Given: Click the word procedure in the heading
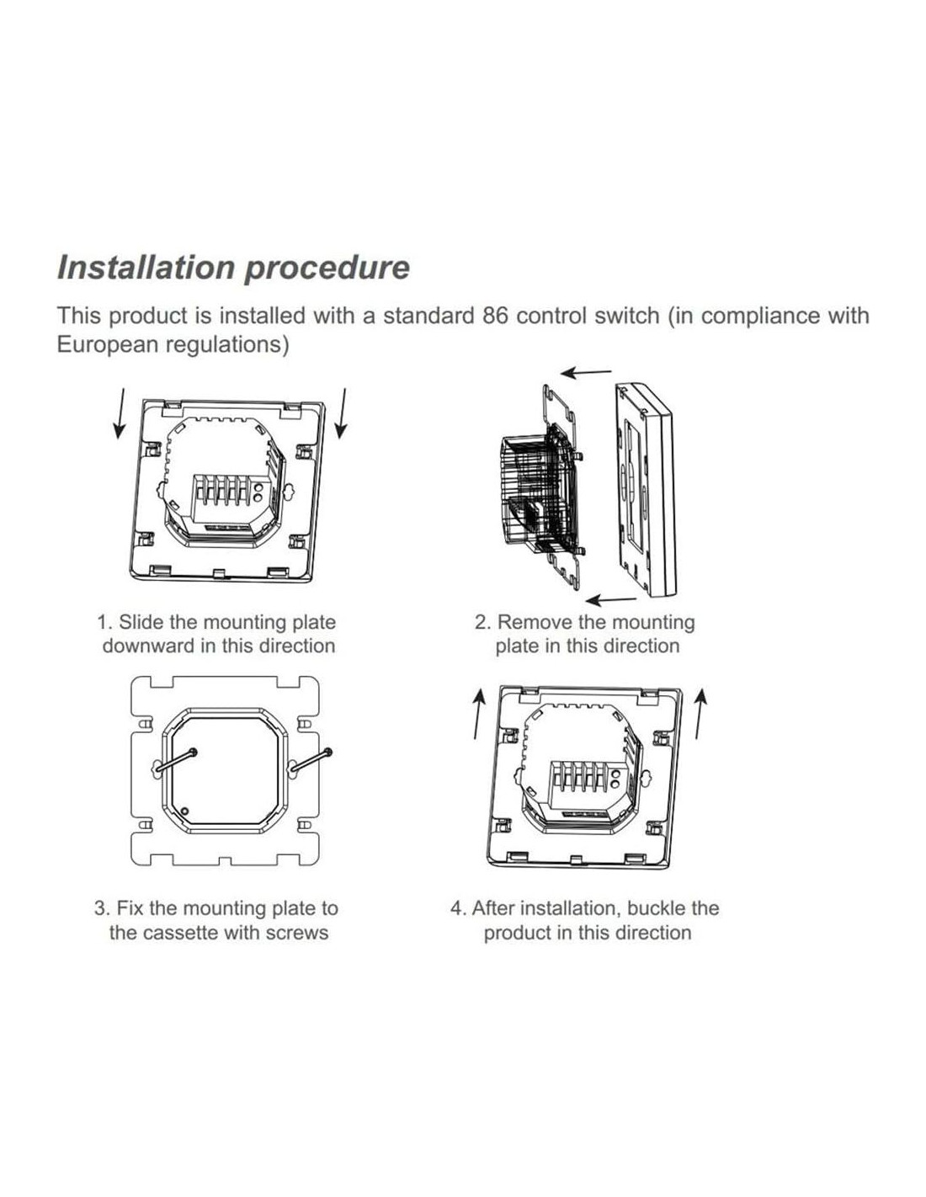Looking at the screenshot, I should coord(327,268).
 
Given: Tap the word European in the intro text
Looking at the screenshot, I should coord(106,345).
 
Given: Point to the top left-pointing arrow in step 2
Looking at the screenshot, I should coord(587,372).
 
